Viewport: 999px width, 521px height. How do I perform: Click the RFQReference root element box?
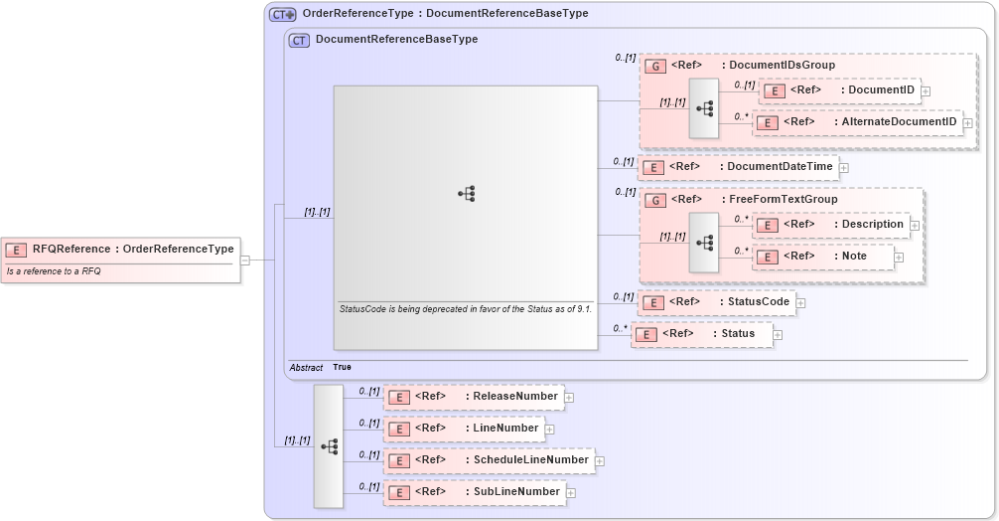point(121,249)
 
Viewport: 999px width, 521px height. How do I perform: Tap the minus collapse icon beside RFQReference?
point(245,260)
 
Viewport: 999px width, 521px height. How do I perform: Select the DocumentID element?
point(839,90)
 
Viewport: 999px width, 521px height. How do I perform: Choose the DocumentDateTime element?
point(737,167)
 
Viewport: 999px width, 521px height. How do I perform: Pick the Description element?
point(831,225)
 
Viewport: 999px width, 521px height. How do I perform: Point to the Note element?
point(823,257)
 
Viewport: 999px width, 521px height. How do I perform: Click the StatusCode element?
point(716,302)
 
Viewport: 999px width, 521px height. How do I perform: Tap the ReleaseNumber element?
point(473,397)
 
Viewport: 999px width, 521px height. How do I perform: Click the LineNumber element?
point(463,429)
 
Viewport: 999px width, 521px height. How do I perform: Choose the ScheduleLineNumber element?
point(489,460)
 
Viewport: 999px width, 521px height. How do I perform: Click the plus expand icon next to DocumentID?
point(926,91)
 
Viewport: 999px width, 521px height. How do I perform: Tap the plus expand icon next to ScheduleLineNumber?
point(600,461)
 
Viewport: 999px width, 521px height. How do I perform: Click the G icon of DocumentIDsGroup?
point(655,66)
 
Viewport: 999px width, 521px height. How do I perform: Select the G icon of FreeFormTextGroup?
point(655,200)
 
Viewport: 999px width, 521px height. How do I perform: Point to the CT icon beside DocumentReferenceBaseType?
point(299,40)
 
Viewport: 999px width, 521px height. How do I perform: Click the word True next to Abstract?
point(342,367)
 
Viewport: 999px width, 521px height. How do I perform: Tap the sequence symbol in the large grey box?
point(466,193)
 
